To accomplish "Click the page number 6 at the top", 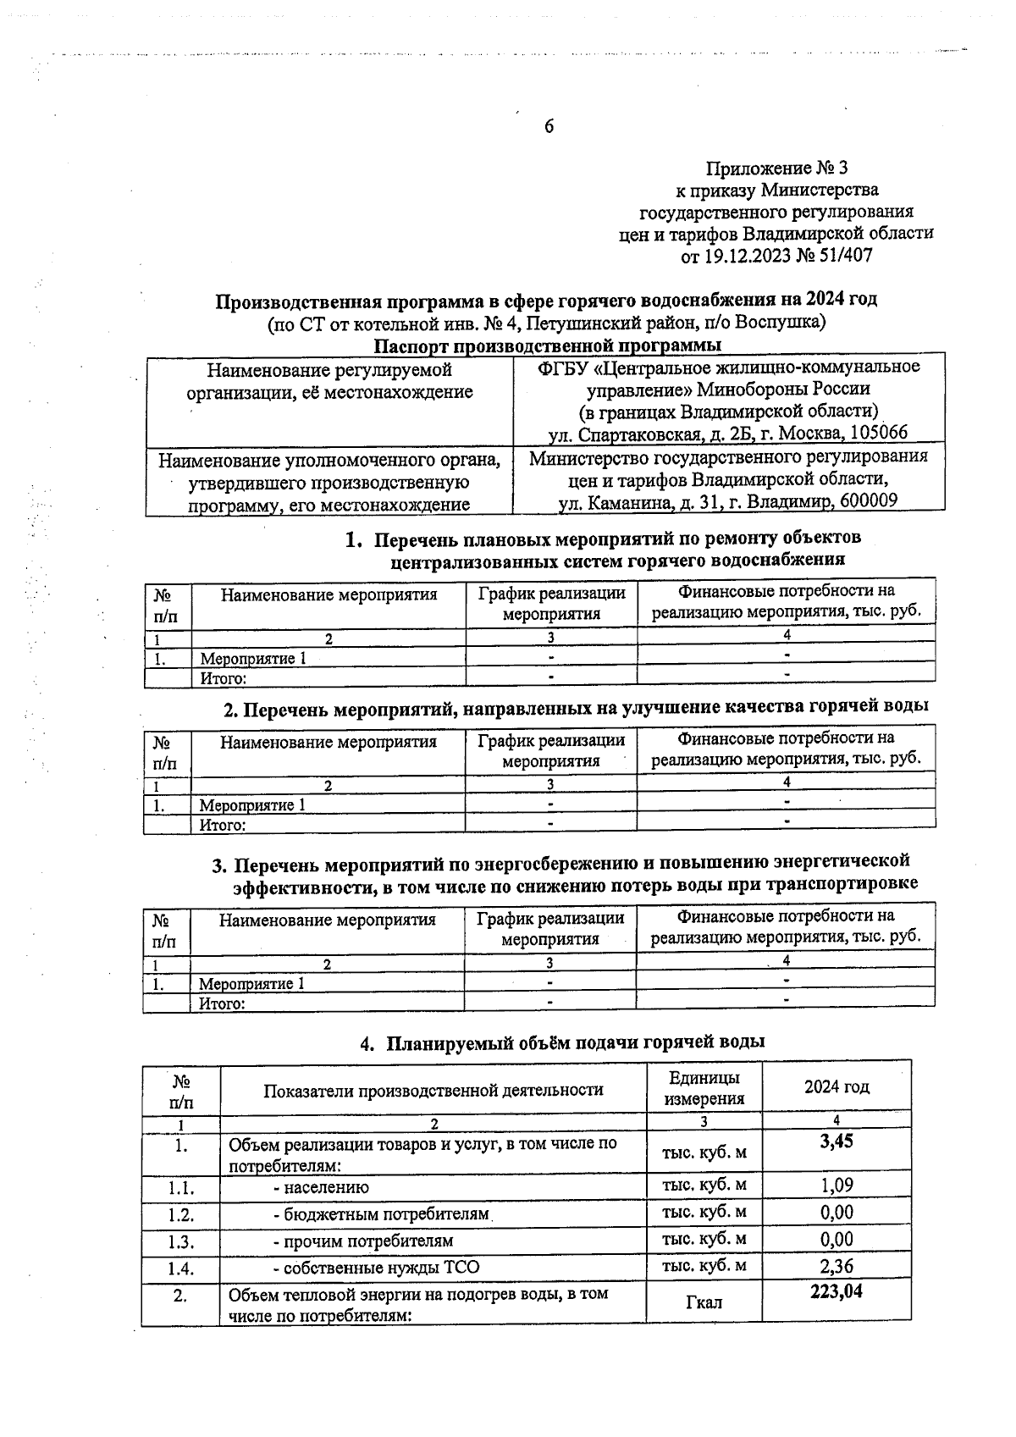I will pyautogui.click(x=549, y=127).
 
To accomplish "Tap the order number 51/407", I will pyautogui.click(x=842, y=255).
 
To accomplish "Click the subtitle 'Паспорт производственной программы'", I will pyautogui.click(x=548, y=345).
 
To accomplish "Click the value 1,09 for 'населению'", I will pyautogui.click(x=837, y=1186).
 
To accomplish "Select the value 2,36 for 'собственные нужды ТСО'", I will pyautogui.click(x=837, y=1267).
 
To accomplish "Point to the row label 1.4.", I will pyautogui.click(x=180, y=1268).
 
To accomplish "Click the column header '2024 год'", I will pyautogui.click(x=837, y=1087).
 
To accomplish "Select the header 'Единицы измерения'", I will pyautogui.click(x=704, y=1088).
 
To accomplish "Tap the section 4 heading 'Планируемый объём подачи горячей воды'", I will pyautogui.click(x=576, y=1042).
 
